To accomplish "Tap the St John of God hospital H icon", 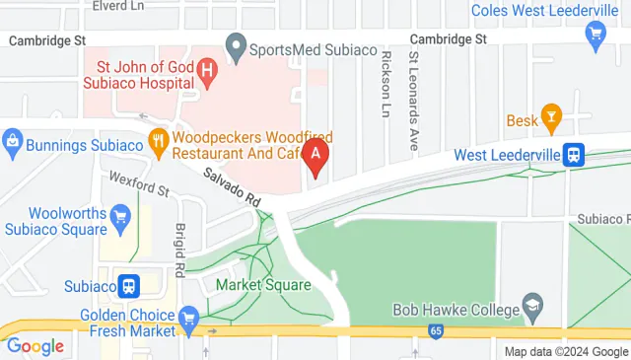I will click(207, 70).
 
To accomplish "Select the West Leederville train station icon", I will click(573, 155).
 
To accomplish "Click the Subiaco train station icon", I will click(128, 286).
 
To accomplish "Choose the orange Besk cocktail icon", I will click(551, 116).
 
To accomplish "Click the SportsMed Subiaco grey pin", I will click(236, 45).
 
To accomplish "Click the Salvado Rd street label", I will click(233, 185).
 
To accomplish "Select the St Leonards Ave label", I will click(414, 93).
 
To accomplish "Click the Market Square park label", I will click(263, 285).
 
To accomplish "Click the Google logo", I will click(35, 346).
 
